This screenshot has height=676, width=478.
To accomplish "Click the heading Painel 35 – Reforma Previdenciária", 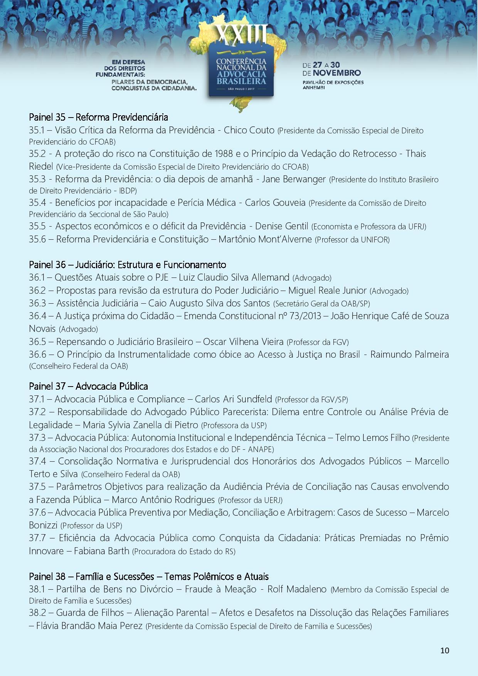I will [98, 117].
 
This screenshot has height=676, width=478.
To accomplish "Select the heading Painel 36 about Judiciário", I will [127, 265].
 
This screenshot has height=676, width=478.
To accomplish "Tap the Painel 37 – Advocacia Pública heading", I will [88, 386].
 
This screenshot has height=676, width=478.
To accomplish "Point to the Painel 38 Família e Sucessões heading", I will [148, 576].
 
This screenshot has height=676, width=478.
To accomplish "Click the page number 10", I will [444, 651].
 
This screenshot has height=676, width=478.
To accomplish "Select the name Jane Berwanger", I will [294, 179].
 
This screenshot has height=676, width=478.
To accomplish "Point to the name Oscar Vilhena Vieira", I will [243, 341].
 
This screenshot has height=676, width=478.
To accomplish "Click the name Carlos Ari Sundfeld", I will [233, 399].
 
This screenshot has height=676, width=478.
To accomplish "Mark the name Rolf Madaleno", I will [297, 589].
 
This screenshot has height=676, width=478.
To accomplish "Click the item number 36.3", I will [37, 303].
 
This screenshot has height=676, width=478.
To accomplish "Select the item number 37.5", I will [37, 487].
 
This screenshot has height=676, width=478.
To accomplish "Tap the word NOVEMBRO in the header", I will [337, 73].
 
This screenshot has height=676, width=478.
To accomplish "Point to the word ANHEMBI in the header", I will [314, 88].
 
